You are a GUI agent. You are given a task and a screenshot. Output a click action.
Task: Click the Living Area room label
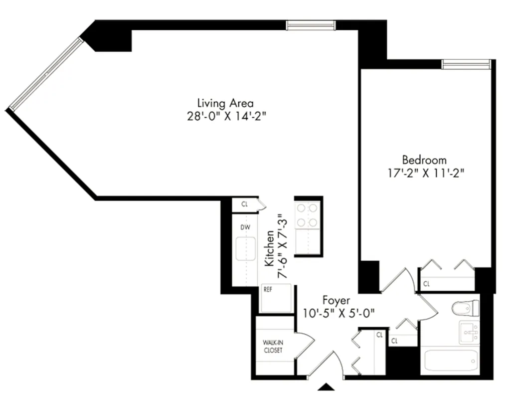coord(225,103)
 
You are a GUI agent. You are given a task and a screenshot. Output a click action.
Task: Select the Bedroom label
coord(424,160)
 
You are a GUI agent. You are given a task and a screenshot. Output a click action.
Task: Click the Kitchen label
coord(269,247)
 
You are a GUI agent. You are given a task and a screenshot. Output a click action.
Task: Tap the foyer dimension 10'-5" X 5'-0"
coord(339,313)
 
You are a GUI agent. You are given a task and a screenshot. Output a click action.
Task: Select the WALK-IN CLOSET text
coord(273,346)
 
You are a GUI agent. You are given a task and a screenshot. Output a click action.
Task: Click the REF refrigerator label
coord(268,289)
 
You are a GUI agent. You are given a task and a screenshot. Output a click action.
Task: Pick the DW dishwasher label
coord(245,227)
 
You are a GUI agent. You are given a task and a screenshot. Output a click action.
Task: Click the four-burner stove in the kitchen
coord(307,215)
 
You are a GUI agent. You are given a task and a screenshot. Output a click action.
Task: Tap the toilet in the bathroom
coord(465,308)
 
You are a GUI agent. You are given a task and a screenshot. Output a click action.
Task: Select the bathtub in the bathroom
coord(450,360)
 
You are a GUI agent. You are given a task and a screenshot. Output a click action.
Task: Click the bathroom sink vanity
coord(469,332)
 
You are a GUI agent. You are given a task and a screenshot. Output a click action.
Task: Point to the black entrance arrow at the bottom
coord(326,387)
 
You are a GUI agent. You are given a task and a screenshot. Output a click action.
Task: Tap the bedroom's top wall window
coord(466,64)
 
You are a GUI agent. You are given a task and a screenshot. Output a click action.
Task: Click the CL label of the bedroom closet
coord(426,284)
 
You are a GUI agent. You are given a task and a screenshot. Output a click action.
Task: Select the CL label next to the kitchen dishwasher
coord(245,204)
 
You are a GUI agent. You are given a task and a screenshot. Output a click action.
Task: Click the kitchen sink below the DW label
coord(245,249)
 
